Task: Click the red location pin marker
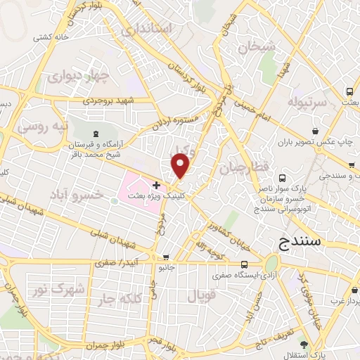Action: pyautogui.click(x=181, y=167)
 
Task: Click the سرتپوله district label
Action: pyautogui.click(x=306, y=103)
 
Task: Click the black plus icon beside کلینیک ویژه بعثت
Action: pyautogui.click(x=155, y=185)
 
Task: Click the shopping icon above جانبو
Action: pyautogui.click(x=165, y=258)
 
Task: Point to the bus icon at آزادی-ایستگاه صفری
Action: pyautogui.click(x=243, y=264)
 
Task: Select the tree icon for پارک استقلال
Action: pyautogui.click(x=303, y=344)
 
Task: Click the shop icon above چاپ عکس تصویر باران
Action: pyautogui.click(x=316, y=131)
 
